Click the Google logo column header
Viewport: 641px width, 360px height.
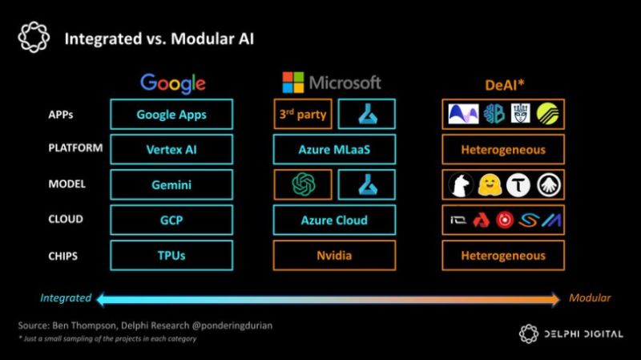point(173,84)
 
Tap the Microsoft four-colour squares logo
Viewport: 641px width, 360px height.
point(293,83)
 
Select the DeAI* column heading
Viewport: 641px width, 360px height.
point(505,85)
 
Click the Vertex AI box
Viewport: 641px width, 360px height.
point(171,149)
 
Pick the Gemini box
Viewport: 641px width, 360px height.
point(171,184)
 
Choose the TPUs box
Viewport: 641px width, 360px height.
point(171,255)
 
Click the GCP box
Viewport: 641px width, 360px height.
point(171,220)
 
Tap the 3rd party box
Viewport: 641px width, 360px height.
point(303,114)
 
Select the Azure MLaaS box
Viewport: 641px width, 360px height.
point(334,149)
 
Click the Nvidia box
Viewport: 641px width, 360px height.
point(334,255)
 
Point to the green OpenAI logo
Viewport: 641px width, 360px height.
point(304,184)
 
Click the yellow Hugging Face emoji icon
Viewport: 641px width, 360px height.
point(489,185)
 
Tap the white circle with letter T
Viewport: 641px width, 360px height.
point(518,185)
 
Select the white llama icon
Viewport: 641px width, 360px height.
point(461,185)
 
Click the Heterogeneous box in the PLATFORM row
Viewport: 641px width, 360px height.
point(503,149)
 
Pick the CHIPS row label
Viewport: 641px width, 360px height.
point(63,256)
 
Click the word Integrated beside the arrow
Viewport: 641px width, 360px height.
point(66,297)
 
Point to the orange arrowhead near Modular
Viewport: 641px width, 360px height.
point(555,299)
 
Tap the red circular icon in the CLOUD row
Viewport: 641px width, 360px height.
point(505,220)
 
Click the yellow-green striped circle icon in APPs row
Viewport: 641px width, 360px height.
point(548,114)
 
